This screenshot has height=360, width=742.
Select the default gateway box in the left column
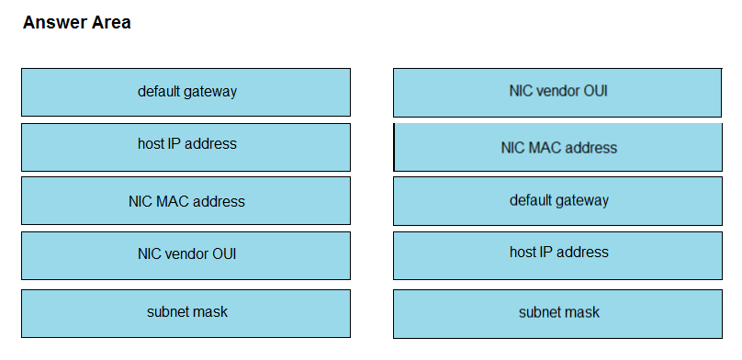click(186, 92)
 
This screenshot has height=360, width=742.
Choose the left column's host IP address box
click(186, 147)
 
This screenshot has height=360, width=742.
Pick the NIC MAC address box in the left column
click(186, 200)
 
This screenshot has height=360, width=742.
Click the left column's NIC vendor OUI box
click(186, 255)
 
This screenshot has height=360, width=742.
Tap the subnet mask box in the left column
click(186, 314)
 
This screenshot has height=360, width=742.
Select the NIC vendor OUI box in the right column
click(557, 93)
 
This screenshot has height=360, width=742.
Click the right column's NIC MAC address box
click(558, 147)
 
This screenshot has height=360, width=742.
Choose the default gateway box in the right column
click(558, 201)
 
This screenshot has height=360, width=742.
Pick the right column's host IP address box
click(558, 255)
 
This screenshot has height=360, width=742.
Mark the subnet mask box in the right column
click(558, 314)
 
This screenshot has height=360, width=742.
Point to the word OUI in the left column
click(224, 254)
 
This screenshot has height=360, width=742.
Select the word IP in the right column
click(545, 252)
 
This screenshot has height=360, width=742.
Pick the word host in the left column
click(150, 143)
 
